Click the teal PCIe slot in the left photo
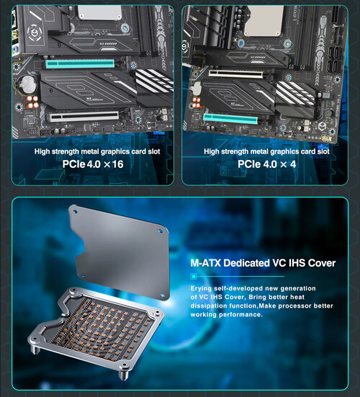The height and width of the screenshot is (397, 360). click(x=80, y=64)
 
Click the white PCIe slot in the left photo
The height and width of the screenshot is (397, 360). click(x=84, y=117)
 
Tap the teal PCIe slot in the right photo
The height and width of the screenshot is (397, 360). click(x=230, y=118)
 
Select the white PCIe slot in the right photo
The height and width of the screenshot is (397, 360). click(x=235, y=73)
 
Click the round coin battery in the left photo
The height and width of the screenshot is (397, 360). click(x=28, y=85)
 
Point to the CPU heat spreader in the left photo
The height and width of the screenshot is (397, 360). click(x=99, y=12)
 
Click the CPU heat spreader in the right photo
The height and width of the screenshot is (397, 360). click(x=264, y=21)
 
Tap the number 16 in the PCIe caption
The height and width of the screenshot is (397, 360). click(x=117, y=164)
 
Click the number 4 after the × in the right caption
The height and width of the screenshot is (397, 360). click(x=293, y=164)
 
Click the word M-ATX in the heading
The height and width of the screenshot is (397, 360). click(x=206, y=263)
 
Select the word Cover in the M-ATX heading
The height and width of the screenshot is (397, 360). click(x=322, y=263)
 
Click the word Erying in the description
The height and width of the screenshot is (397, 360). click(x=201, y=289)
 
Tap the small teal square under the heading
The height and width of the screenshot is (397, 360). click(x=194, y=276)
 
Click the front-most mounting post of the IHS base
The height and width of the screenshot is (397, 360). click(x=123, y=375)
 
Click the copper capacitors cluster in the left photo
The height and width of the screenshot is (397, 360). click(x=32, y=102)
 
